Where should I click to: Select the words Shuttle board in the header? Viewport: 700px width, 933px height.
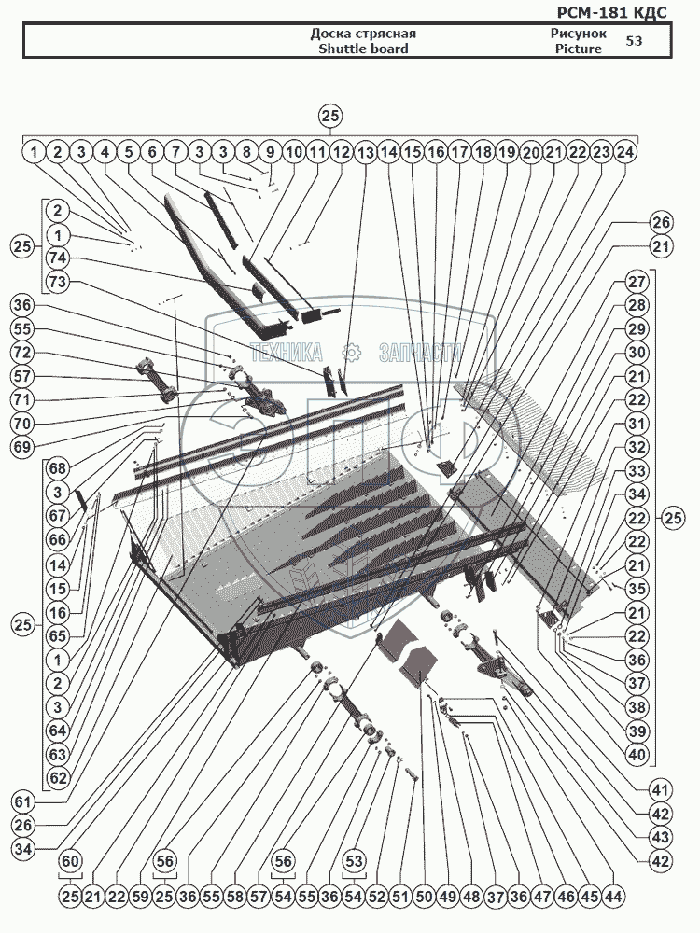coord(363,49)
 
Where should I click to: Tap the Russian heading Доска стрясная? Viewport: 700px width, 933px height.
coord(363,34)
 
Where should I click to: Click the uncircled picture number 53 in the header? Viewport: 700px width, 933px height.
coord(634,41)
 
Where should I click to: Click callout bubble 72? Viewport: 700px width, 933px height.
coord(22,354)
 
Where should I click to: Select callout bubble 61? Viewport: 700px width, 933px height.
coord(22,801)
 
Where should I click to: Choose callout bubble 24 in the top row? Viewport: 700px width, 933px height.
coord(626,151)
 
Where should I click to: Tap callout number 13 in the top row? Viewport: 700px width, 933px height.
coord(364,151)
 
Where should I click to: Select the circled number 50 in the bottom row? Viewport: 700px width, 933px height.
coord(423,896)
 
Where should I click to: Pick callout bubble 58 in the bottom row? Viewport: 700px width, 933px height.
coord(234,896)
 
